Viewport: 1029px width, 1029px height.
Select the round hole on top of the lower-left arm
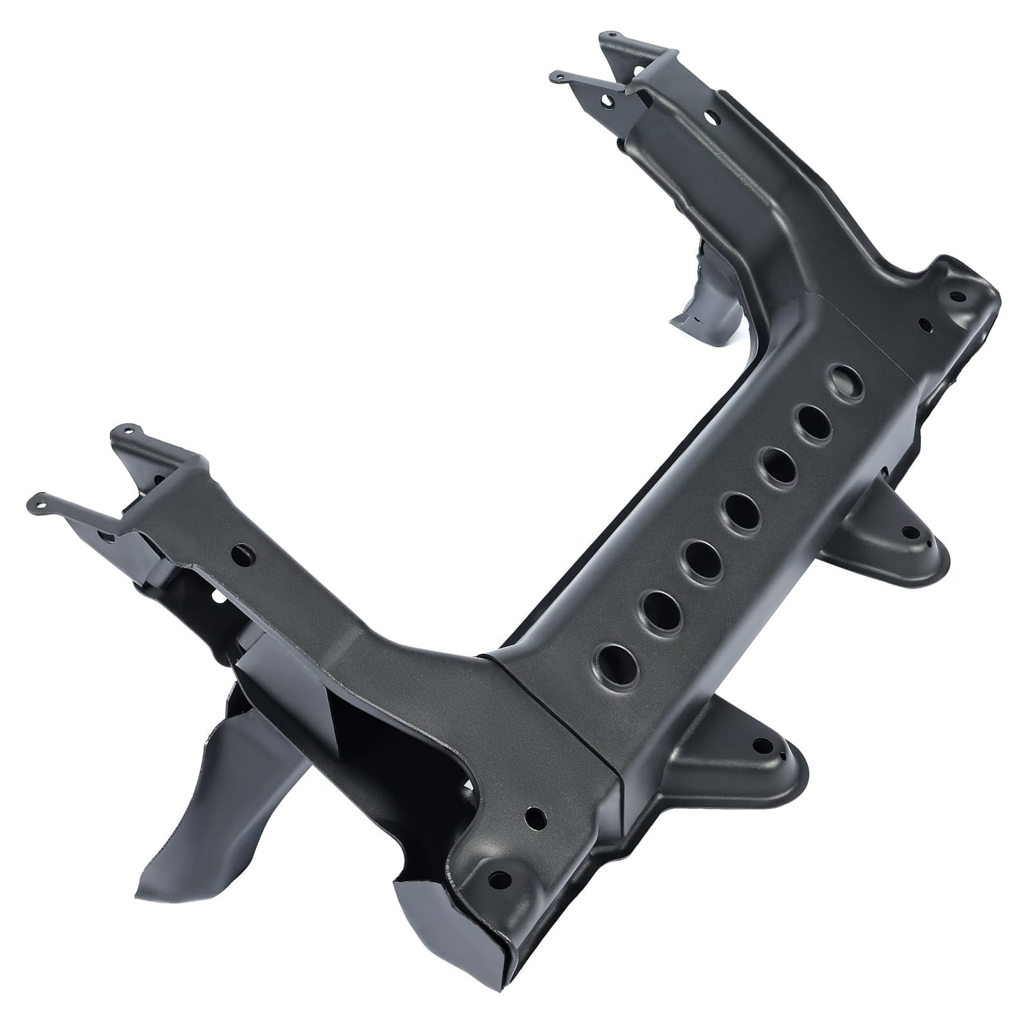point(242,552)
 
